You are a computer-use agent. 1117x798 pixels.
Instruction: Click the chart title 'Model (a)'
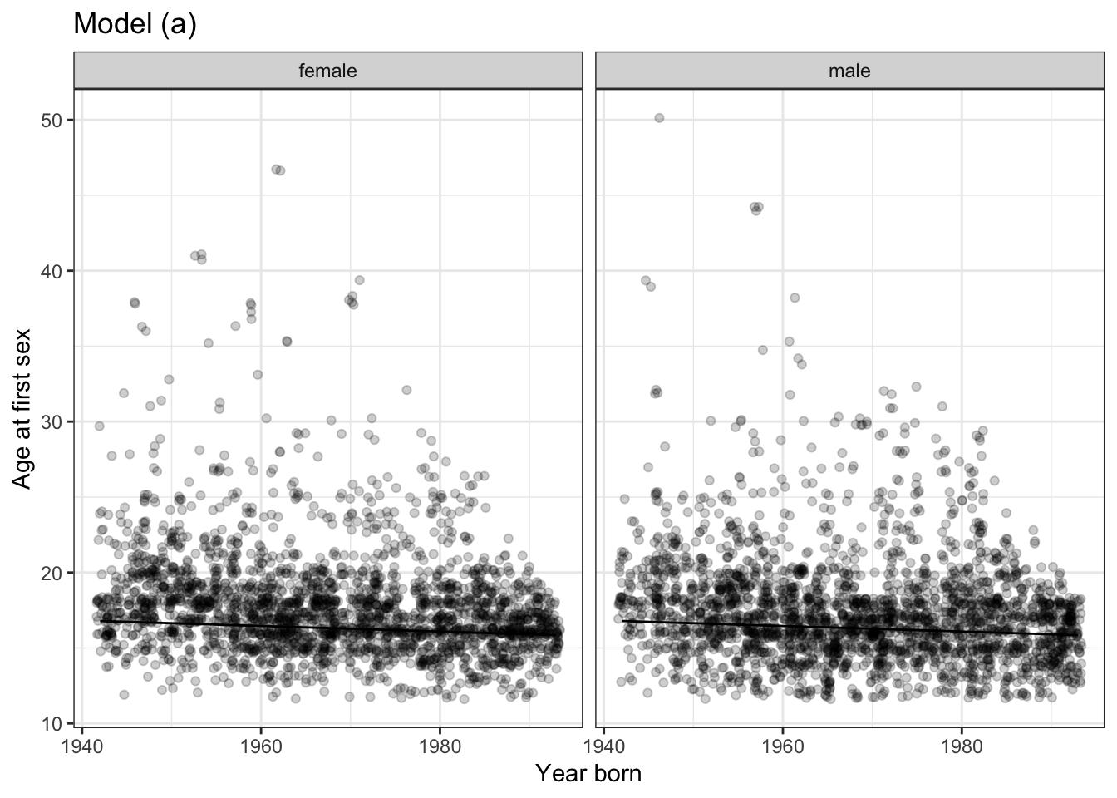[135, 25]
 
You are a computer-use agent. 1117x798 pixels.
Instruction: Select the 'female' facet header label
[327, 71]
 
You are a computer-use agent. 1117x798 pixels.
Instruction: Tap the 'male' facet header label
[849, 71]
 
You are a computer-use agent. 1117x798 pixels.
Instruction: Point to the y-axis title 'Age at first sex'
[22, 406]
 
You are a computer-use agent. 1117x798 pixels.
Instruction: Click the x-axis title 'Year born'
[588, 774]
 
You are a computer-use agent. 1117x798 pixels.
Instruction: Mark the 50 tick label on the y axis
[54, 121]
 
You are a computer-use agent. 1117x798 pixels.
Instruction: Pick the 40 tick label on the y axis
[54, 271]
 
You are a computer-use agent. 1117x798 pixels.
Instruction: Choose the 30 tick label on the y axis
[54, 422]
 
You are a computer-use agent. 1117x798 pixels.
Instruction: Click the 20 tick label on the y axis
[54, 573]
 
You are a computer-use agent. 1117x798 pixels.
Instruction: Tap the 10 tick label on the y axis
[54, 723]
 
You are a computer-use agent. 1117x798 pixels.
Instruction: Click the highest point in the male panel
[659, 118]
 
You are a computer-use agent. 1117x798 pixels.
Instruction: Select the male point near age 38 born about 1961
[795, 298]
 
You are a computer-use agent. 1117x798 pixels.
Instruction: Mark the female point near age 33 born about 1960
[258, 375]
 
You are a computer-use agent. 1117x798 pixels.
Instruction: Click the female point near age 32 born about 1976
[406, 390]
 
